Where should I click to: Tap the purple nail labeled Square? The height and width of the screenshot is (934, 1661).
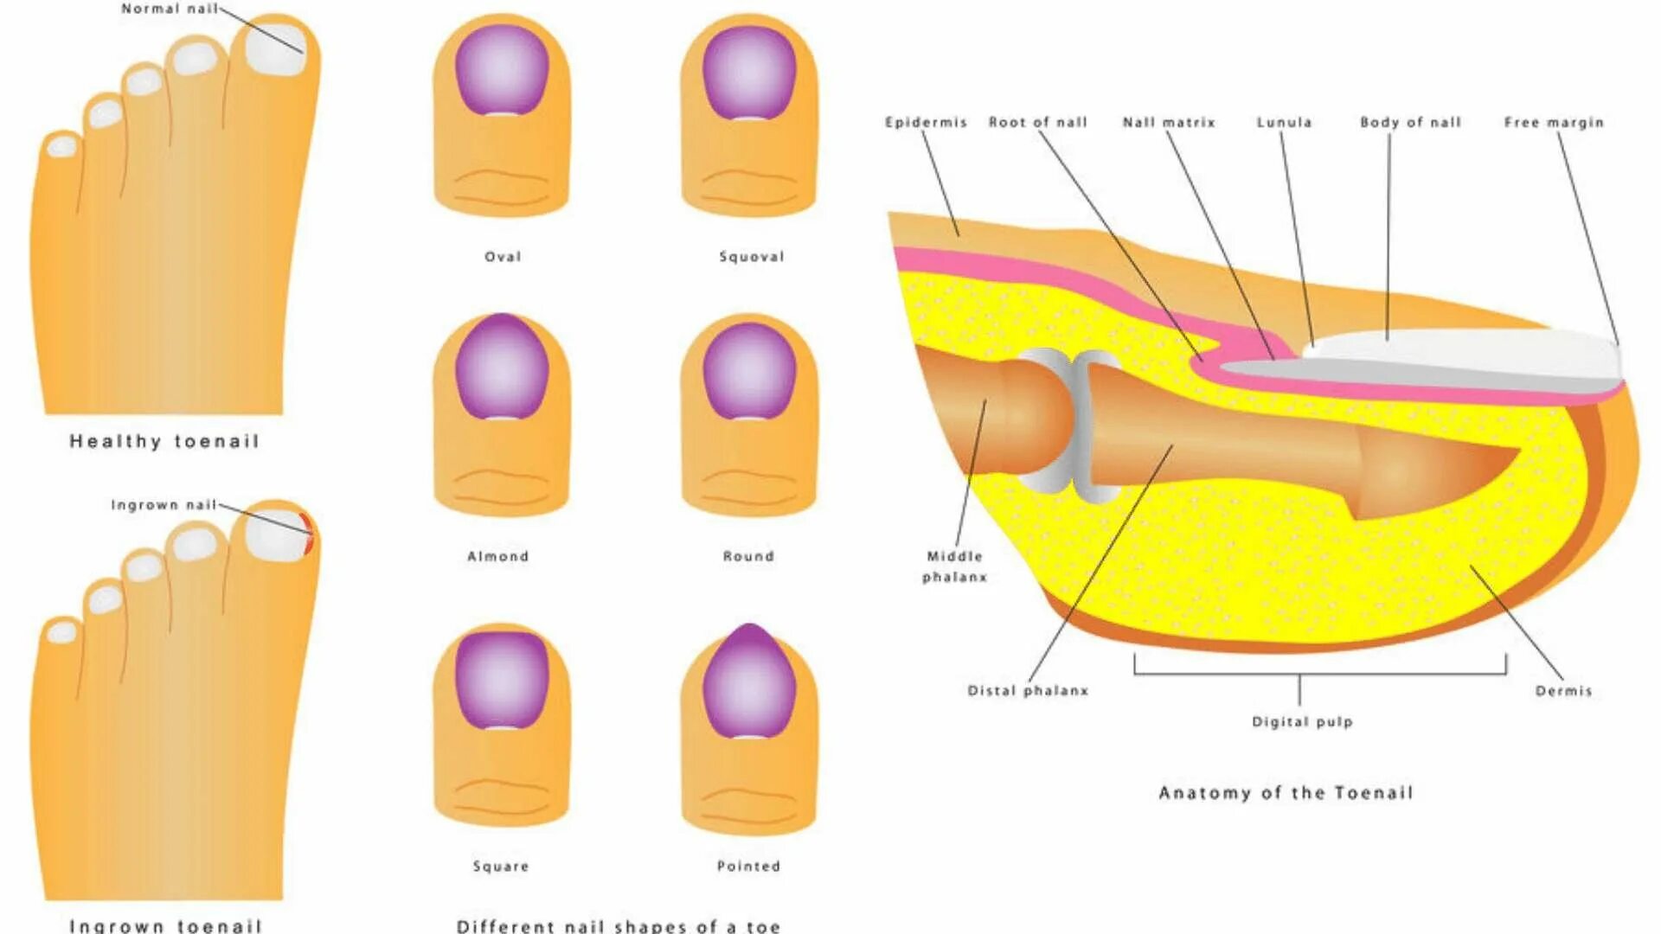502,680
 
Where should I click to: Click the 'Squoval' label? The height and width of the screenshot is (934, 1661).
751,257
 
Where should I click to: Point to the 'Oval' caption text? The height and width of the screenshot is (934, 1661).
503,257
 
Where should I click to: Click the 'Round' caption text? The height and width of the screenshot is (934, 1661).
748,556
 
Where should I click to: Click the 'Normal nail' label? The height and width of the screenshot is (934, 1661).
169,9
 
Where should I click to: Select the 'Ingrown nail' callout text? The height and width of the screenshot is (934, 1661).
164,505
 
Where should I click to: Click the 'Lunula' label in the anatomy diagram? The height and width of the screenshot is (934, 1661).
1284,123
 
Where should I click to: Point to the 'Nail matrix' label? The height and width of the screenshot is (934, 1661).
1169,123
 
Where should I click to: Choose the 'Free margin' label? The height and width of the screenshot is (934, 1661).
1554,123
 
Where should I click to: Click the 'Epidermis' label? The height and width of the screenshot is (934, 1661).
926,123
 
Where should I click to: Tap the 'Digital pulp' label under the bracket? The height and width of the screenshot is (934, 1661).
1302,721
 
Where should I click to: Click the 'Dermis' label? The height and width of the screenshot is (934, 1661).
1563,691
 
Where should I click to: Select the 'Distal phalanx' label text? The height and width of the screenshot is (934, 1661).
1028,691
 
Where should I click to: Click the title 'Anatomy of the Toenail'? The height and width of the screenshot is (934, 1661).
1286,793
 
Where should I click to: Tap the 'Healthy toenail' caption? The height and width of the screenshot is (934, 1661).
164,442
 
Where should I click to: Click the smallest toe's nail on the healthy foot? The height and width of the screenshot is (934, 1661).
62,146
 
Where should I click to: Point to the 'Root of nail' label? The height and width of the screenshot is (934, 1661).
1038,123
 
